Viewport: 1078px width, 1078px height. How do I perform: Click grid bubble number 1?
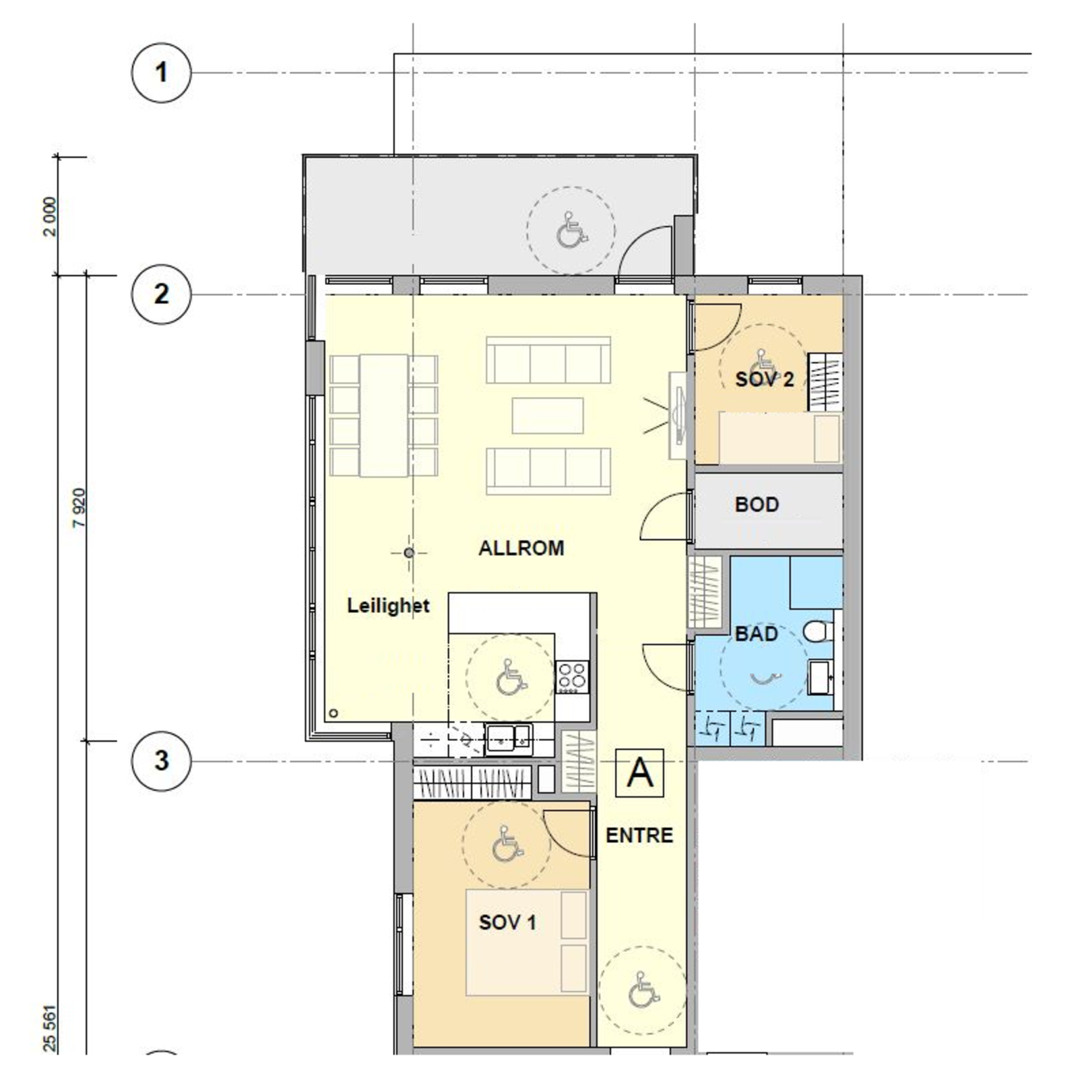(161, 72)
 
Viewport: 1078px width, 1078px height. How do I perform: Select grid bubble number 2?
(161, 294)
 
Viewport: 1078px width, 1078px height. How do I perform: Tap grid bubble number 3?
(161, 761)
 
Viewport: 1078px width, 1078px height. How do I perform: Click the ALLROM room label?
(521, 548)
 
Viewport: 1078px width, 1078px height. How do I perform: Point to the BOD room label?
(757, 505)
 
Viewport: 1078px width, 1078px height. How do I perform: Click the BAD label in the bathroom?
(756, 633)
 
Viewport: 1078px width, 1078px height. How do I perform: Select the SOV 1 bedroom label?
(507, 922)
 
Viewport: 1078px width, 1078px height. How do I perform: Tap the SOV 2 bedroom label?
(764, 379)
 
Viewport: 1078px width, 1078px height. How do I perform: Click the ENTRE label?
(639, 835)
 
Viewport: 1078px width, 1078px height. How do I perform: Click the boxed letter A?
(639, 773)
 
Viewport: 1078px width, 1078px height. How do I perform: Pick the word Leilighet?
(388, 605)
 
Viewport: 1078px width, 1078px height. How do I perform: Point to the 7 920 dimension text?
(79, 507)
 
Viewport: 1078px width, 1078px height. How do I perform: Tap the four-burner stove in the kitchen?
(572, 677)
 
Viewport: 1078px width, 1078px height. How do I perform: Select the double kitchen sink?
(509, 739)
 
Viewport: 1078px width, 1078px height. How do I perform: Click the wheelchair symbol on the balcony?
(571, 230)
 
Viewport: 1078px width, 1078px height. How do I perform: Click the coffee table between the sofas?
(547, 415)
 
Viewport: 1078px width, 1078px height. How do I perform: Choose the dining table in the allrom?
(383, 415)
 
